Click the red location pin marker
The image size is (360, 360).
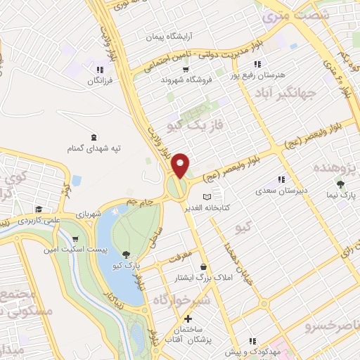tap(181, 165)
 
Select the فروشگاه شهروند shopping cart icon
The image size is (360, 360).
tap(186, 70)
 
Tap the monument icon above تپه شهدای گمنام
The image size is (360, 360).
tap(95, 136)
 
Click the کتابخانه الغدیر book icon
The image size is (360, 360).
tap(206, 197)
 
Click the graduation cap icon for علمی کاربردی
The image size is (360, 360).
tap(39, 209)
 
